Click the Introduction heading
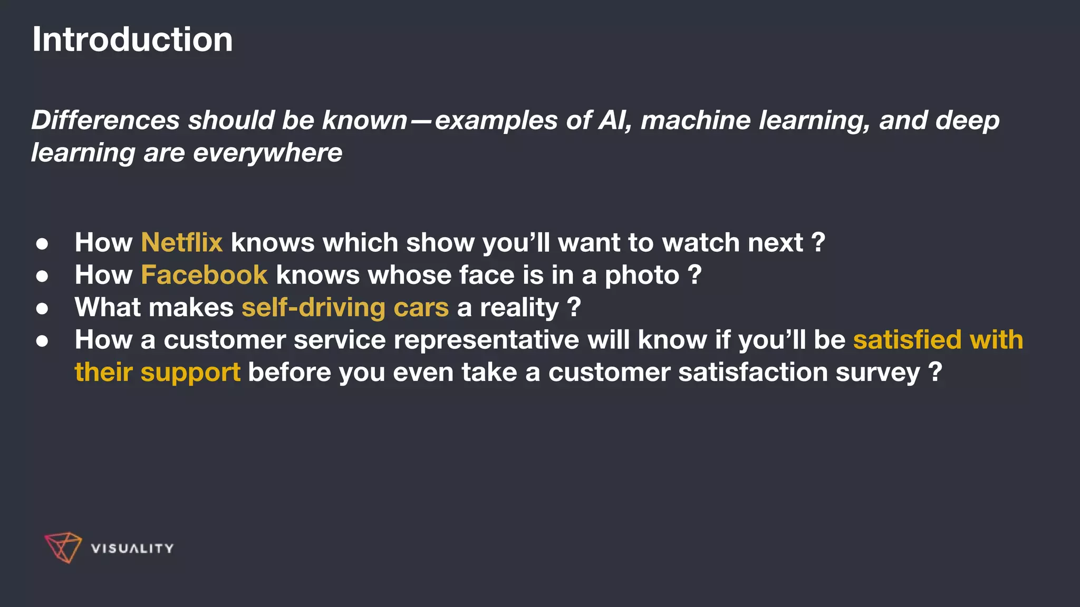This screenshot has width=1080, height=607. [x=132, y=40]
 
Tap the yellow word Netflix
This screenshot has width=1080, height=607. [x=181, y=243]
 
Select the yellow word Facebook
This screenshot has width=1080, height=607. [x=204, y=275]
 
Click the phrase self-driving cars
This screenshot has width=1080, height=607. [x=345, y=308]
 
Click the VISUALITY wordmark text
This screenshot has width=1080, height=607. [x=132, y=549]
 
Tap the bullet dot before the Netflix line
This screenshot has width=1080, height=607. [x=42, y=244]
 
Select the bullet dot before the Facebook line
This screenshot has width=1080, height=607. [x=42, y=276]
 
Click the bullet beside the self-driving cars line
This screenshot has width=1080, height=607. [x=42, y=309]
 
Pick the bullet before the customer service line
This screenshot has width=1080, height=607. [x=42, y=341]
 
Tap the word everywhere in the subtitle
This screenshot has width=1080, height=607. [x=267, y=153]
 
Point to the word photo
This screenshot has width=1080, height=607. [x=642, y=276]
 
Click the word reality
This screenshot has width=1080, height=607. [x=519, y=308]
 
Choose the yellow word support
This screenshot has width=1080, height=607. [x=190, y=373]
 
